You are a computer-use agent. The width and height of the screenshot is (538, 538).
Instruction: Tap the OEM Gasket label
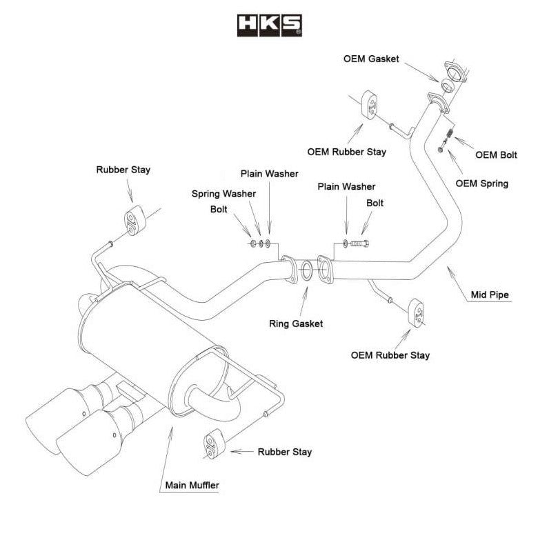click(371, 59)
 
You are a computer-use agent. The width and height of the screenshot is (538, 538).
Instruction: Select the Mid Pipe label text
click(490, 295)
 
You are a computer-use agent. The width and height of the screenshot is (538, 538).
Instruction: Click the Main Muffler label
click(192, 485)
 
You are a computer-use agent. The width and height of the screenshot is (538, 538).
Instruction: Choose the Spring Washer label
click(223, 194)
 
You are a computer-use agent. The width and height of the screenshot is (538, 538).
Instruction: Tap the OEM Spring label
click(482, 183)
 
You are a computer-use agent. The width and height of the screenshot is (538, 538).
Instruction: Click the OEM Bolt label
click(497, 155)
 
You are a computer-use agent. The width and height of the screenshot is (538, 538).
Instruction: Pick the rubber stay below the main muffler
click(211, 445)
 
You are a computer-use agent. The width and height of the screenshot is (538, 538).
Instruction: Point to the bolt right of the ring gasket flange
click(359, 243)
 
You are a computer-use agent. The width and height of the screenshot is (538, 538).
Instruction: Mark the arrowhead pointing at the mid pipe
click(450, 271)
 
